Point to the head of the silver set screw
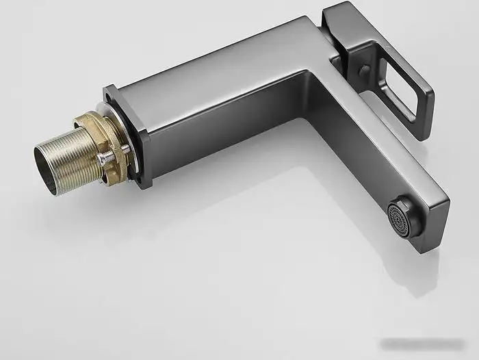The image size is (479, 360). click(x=102, y=159)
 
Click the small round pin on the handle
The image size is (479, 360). click(x=365, y=70)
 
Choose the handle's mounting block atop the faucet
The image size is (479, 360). click(x=339, y=34)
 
